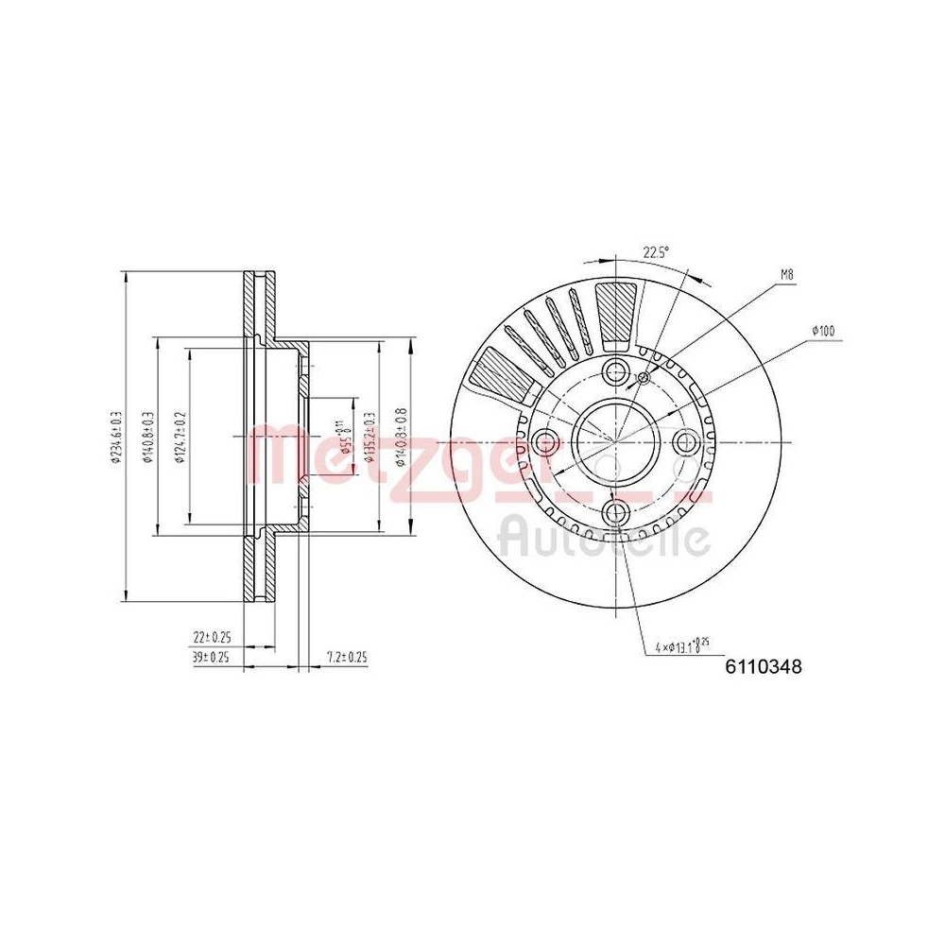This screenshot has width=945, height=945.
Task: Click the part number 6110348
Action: [764, 667]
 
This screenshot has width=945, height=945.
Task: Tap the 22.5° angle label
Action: [656, 252]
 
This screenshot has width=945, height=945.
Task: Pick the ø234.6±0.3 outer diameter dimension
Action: [117, 437]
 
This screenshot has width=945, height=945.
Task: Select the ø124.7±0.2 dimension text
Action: [180, 437]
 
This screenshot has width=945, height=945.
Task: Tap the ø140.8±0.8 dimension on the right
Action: [401, 437]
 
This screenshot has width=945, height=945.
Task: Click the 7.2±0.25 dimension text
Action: [346, 656]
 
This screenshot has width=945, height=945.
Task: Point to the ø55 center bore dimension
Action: [346, 437]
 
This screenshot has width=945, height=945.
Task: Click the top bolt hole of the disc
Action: [616, 370]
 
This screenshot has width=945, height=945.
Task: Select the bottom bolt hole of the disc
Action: [616, 513]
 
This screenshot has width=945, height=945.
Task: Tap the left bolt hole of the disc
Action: [544, 441]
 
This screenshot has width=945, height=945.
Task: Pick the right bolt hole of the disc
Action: [687, 441]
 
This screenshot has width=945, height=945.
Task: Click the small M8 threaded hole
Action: [644, 378]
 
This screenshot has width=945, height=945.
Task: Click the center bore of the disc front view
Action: [616, 441]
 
